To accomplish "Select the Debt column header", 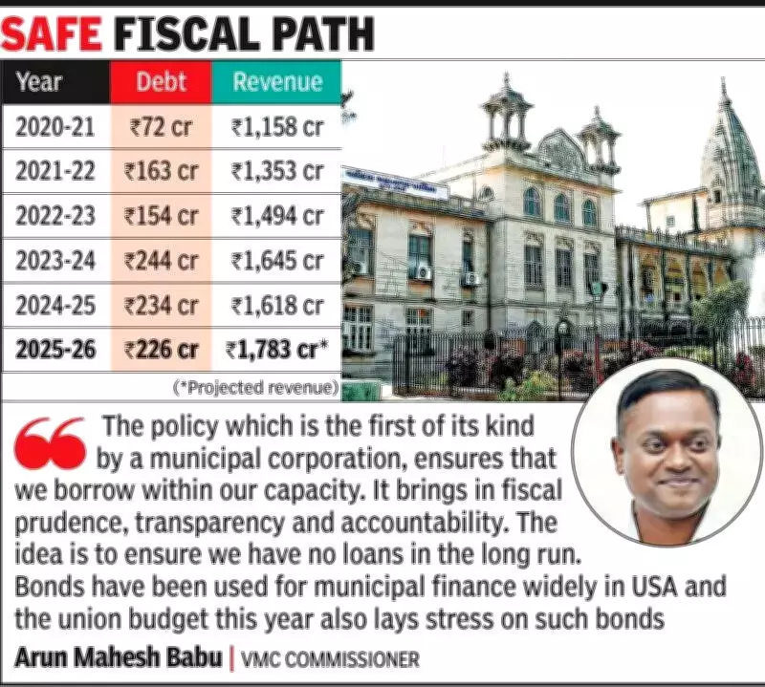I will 161,82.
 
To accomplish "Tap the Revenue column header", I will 276,82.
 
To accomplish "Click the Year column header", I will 40,82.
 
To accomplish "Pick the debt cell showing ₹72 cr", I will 162,126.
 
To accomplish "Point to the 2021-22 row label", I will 55,172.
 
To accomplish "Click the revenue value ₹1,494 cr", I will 277,216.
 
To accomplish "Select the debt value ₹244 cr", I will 162,260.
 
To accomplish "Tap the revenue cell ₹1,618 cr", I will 277,306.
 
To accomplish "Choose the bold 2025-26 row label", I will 55,351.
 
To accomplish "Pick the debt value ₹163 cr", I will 162,172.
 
